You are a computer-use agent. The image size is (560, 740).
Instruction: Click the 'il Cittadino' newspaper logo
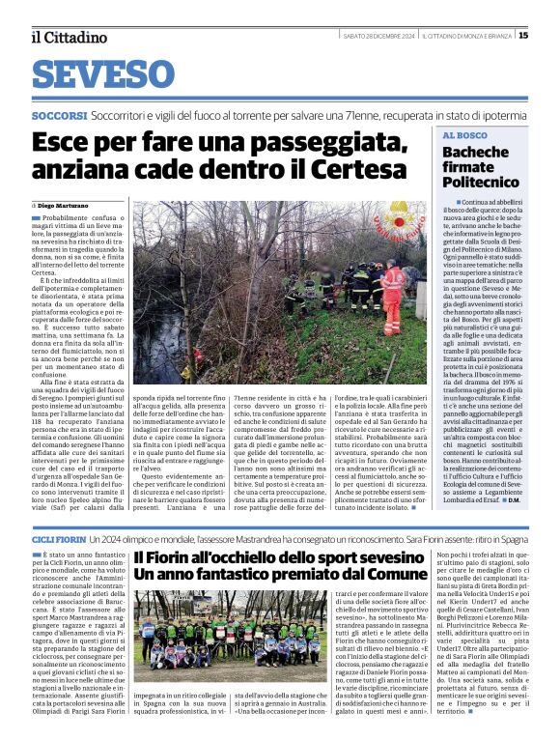[x=69, y=37]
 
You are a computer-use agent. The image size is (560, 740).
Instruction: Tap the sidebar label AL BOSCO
[x=465, y=136]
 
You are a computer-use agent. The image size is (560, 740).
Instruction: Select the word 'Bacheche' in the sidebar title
[x=475, y=153]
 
